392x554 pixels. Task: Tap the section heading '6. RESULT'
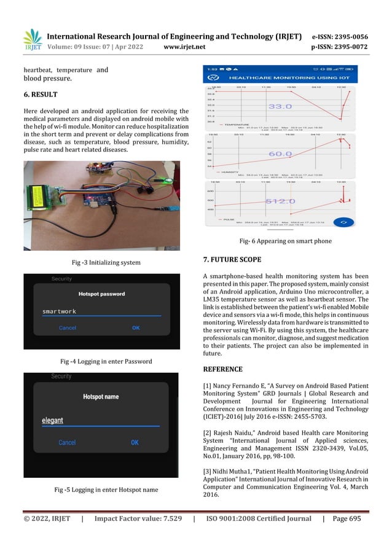[x=41, y=95]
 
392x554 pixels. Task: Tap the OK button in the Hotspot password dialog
[x=136, y=328]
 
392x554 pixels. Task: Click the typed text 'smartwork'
[x=59, y=311]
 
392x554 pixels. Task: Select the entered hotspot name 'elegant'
[x=53, y=421]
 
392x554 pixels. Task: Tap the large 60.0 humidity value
[x=280, y=154]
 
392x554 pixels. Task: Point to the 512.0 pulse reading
[x=280, y=201]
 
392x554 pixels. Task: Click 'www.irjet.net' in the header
[x=186, y=45]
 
